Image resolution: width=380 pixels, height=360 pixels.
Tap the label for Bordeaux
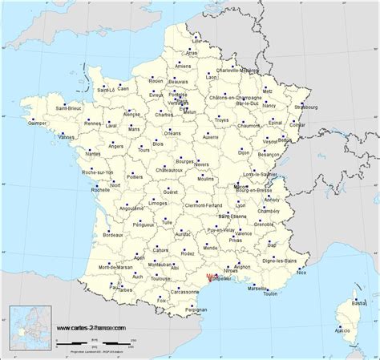point(111,235)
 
